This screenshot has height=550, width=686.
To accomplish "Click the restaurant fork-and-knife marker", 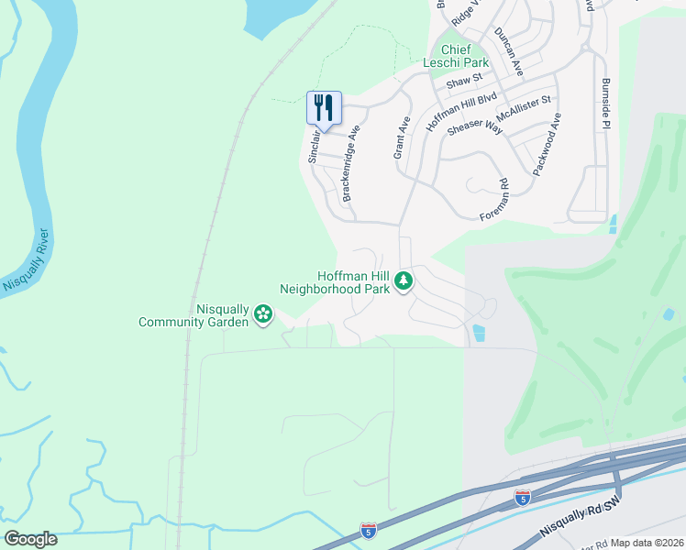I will (323, 108).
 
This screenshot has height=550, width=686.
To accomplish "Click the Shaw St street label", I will (464, 82).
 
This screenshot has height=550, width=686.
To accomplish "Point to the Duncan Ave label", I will (508, 51).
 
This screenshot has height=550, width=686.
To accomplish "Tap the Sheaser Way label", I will (474, 127).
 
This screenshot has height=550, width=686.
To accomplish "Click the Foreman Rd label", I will (494, 200).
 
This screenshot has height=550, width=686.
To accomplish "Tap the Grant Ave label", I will (401, 137).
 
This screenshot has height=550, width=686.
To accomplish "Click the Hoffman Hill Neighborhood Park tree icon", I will (403, 282).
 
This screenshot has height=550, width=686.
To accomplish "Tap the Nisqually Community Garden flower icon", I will (263, 314).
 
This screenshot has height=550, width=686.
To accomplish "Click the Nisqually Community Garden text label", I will (194, 315).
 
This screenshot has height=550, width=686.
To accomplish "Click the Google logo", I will (30, 539).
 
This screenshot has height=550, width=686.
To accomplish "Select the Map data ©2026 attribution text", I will (647, 543).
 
